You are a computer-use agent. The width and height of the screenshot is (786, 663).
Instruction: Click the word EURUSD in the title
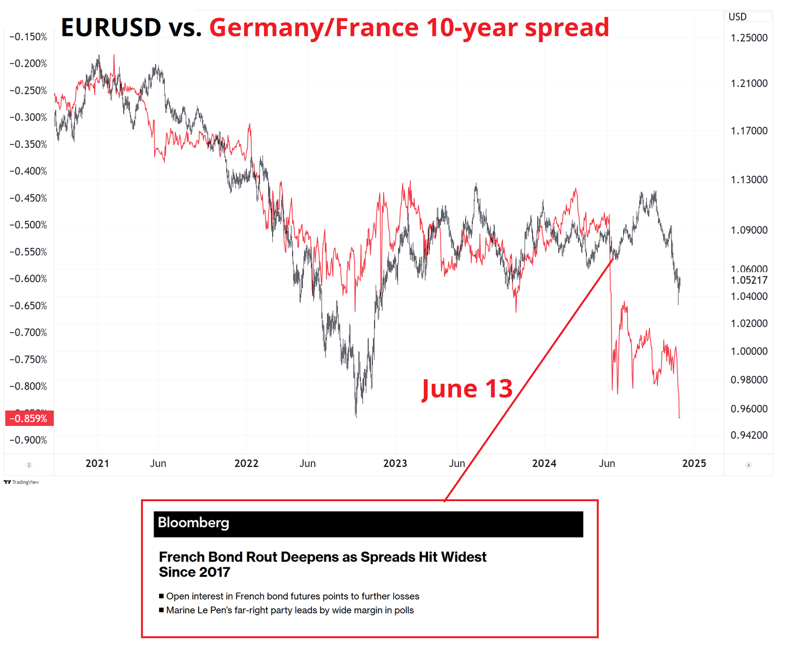(x=111, y=28)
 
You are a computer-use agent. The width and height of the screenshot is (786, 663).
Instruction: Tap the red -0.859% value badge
(x=29, y=419)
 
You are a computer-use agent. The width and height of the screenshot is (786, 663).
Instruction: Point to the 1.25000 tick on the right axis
(x=749, y=38)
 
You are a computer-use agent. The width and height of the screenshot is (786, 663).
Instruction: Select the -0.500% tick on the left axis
(x=28, y=225)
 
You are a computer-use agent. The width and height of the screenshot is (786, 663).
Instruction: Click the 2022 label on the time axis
(x=246, y=463)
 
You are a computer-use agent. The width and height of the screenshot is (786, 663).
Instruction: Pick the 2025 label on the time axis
(x=694, y=463)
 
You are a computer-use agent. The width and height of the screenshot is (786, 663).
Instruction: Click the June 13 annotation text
(x=467, y=389)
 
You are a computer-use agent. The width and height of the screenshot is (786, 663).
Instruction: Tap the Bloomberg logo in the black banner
(x=193, y=523)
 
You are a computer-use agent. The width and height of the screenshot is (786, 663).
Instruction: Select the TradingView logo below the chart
(x=21, y=482)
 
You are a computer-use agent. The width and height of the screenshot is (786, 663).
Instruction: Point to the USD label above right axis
(x=737, y=17)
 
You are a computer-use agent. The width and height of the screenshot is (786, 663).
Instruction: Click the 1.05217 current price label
(x=749, y=280)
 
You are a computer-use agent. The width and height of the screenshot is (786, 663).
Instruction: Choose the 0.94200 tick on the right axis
(x=749, y=435)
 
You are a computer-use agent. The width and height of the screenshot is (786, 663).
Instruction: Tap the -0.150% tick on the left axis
(x=28, y=37)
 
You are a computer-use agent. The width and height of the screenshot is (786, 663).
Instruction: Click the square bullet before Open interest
(x=162, y=596)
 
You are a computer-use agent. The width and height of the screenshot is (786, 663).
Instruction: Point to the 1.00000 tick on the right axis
(x=749, y=351)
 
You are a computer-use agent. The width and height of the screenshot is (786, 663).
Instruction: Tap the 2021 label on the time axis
(x=97, y=463)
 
